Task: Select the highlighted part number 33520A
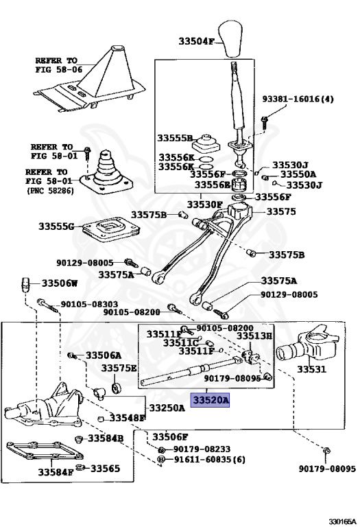point(210,400)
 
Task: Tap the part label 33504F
point(196,41)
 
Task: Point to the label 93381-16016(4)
point(298,99)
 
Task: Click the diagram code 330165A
point(342,522)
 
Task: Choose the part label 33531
point(311,369)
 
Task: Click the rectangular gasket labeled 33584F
point(45,451)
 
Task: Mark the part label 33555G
point(56,226)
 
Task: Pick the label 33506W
point(60,283)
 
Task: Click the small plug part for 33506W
point(26,285)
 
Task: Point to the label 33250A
point(167,408)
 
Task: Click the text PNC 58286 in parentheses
point(50,191)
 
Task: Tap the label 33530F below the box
point(205,204)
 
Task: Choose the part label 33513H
point(254,336)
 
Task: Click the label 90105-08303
point(89,305)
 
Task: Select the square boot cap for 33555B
point(206,143)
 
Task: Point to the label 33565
point(105,468)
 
